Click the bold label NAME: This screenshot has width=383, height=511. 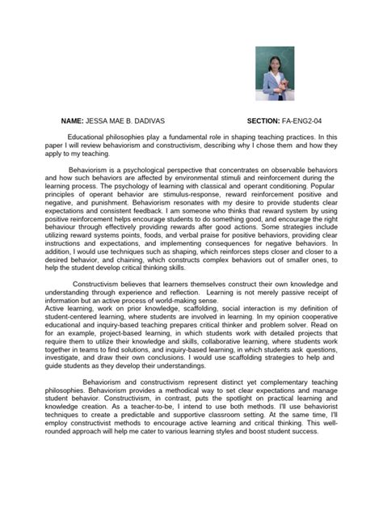tap(75, 119)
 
